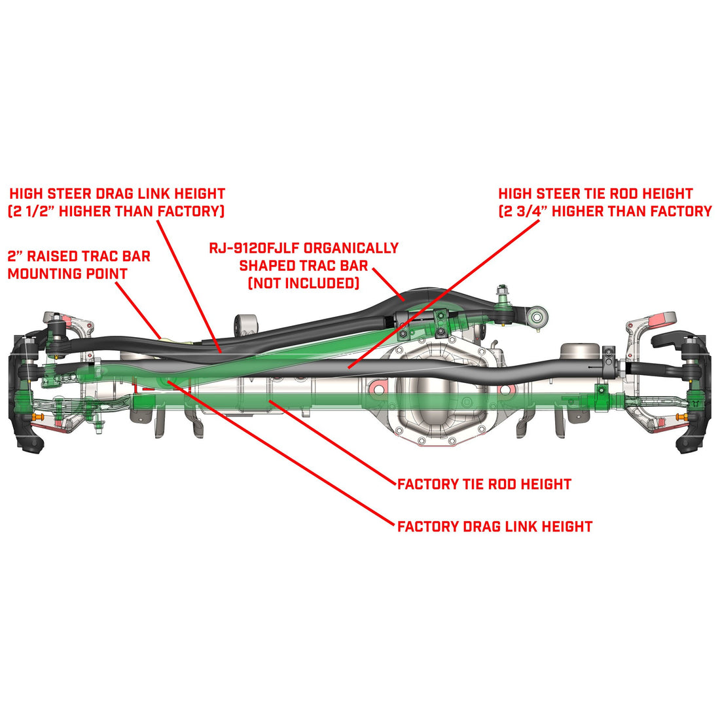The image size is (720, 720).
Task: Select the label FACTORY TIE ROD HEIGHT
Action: point(484,484)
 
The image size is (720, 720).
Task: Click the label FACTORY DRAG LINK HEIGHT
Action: point(495,526)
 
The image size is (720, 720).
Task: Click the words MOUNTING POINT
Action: point(67,274)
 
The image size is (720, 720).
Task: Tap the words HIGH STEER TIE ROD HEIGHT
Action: point(595,194)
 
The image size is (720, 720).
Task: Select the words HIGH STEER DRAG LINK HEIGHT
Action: point(117,194)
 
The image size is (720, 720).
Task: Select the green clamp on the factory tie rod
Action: point(598,395)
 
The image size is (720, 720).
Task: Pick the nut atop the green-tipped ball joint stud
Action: point(503,290)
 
